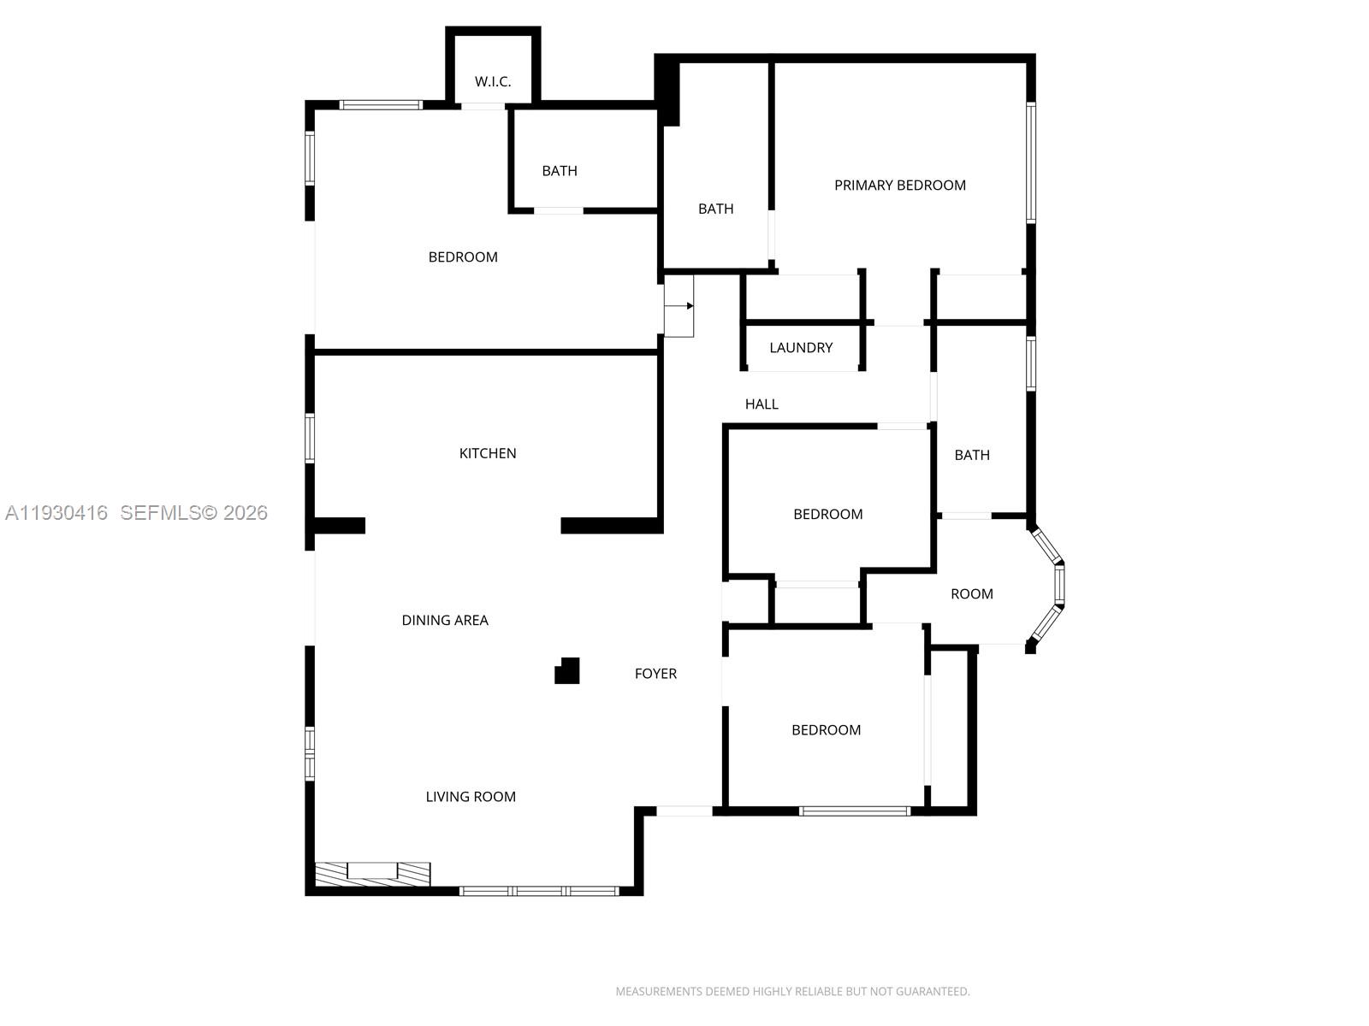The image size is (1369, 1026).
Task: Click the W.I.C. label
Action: click(493, 82)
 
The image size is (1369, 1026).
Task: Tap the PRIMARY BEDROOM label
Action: click(899, 186)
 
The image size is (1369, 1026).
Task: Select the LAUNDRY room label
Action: click(800, 348)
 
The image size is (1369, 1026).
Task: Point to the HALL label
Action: click(762, 404)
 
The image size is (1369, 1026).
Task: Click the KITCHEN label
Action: click(488, 453)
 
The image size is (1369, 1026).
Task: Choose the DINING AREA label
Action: click(445, 621)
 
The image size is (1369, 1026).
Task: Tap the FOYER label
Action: click(655, 674)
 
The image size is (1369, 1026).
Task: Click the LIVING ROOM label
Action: click(471, 797)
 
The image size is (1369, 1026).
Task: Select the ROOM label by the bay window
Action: click(972, 594)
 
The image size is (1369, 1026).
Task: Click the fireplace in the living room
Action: click(372, 874)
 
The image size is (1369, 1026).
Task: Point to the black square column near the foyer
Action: click(567, 671)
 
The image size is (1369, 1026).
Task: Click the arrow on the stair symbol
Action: click(689, 305)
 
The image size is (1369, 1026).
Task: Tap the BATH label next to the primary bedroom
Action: click(715, 209)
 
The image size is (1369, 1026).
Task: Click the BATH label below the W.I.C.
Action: click(560, 171)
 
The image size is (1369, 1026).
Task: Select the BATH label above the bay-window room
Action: click(972, 455)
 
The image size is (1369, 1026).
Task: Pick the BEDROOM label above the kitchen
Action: click(463, 257)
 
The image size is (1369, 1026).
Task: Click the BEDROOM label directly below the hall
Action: click(827, 514)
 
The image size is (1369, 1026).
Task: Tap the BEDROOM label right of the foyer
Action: click(826, 730)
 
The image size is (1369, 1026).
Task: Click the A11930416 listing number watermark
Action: click(56, 513)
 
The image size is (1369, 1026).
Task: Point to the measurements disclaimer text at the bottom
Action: click(792, 992)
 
